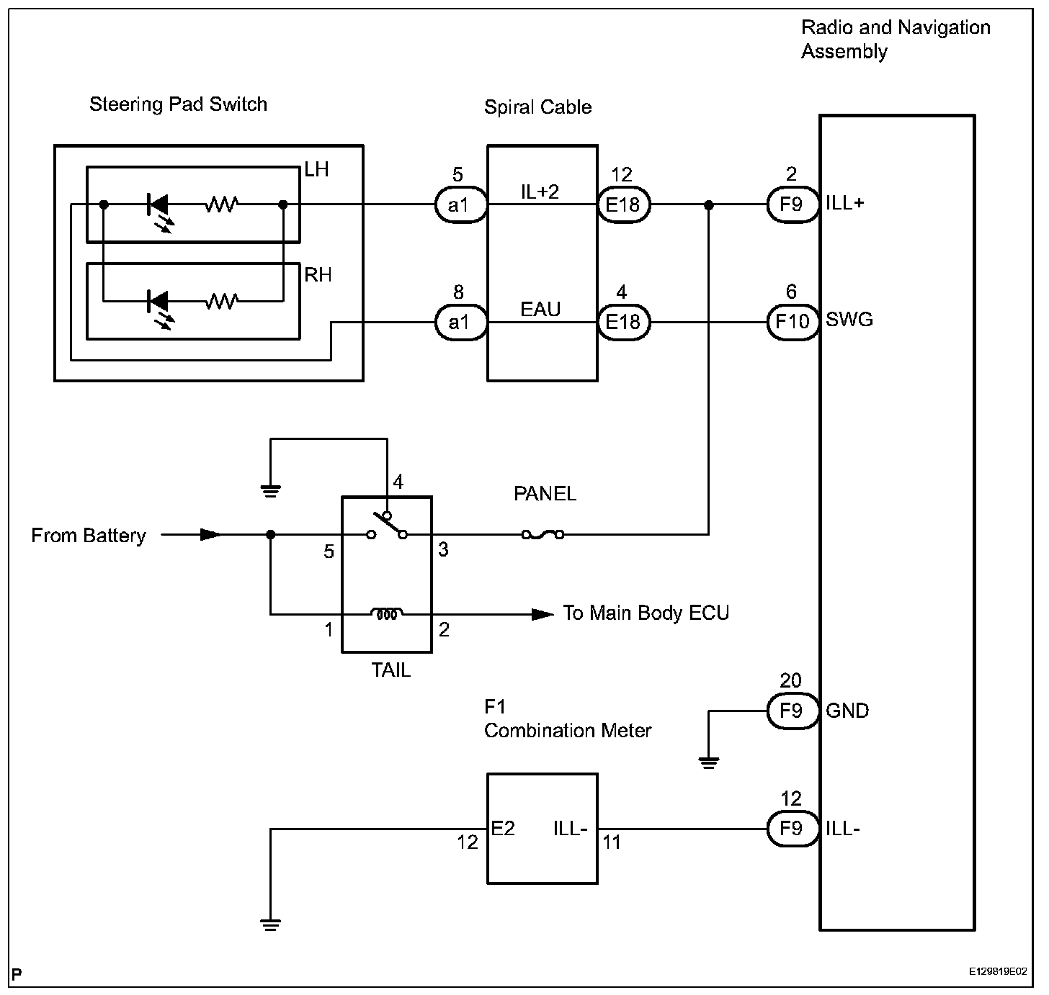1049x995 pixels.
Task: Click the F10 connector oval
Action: (x=792, y=321)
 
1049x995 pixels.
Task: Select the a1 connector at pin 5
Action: (x=458, y=205)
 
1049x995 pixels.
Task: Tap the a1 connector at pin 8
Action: (x=458, y=322)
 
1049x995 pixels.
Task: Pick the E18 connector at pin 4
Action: (x=623, y=322)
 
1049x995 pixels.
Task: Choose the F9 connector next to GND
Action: (x=791, y=711)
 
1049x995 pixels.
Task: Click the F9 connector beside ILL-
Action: (x=791, y=829)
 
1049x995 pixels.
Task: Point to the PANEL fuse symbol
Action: (x=543, y=534)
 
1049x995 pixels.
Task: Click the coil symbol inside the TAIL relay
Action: (x=387, y=613)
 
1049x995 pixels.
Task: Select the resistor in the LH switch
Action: (x=221, y=205)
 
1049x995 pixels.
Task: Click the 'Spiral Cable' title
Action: (x=537, y=107)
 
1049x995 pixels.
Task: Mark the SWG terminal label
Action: (x=849, y=320)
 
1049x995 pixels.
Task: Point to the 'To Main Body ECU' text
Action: (x=646, y=613)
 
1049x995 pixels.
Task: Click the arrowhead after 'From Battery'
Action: (x=210, y=534)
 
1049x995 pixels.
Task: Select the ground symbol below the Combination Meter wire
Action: (x=271, y=925)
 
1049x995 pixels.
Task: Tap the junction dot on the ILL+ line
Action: (x=709, y=205)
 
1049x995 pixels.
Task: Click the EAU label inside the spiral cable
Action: (x=540, y=310)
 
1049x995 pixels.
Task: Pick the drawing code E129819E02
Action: (x=998, y=972)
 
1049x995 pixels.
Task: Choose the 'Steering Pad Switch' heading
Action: (x=178, y=104)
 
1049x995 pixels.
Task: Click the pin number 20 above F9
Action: (x=790, y=680)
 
